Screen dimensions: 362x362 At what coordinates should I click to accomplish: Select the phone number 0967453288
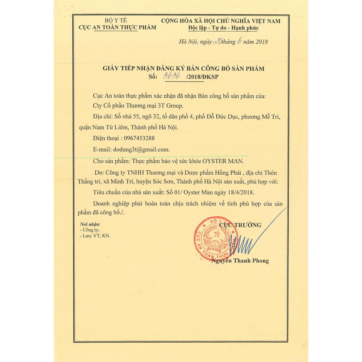138,138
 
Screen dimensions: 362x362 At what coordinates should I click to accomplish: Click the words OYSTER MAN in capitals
223,161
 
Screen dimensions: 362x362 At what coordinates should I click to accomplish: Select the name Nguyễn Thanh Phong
240,261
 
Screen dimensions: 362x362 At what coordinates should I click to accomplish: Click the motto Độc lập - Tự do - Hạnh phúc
223,28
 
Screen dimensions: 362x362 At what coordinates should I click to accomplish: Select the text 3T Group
171,106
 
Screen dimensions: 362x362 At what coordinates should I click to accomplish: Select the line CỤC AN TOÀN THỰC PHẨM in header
117,28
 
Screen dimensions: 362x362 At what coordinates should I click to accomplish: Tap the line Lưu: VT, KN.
95,235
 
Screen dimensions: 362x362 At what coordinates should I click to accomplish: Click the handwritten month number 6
240,41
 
